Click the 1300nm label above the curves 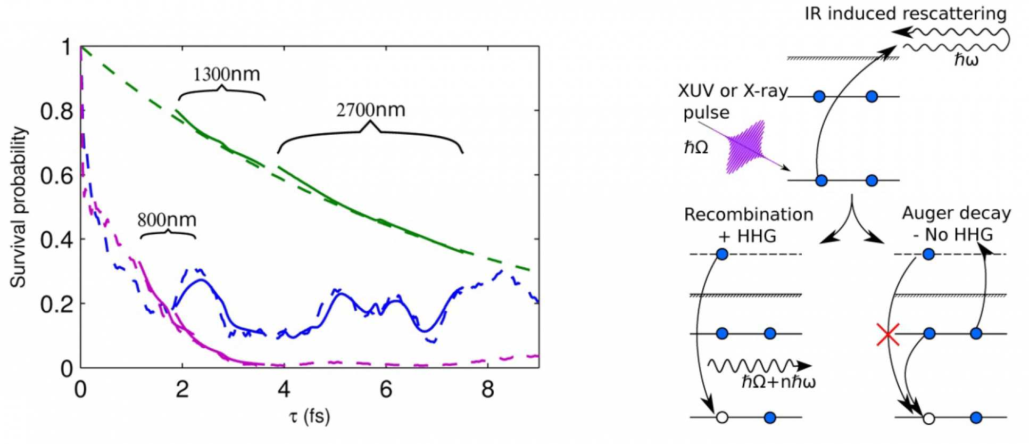point(226,75)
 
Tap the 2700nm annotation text point(370,110)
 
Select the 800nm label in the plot point(167,220)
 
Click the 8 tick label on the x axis point(487,390)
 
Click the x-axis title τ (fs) point(310,416)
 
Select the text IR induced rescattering point(905,13)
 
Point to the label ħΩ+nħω point(778,381)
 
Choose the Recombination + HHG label point(749,225)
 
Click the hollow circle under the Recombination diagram point(721,418)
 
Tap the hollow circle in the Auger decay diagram point(928,418)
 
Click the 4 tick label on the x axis point(284,390)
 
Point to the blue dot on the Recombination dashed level point(722,254)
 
